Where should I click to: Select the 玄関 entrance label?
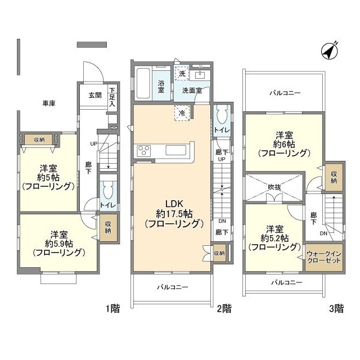[x=94, y=95]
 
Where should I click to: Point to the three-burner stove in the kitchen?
[x=143, y=150]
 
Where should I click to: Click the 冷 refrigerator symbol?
[x=182, y=112]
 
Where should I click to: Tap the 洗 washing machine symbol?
[x=181, y=73]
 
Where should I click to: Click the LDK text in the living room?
[x=173, y=204]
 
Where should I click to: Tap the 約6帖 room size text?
[x=283, y=143]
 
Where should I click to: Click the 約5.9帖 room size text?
[x=59, y=243]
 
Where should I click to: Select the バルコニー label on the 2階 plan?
[x=172, y=287]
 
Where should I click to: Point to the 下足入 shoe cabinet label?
[x=112, y=97]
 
